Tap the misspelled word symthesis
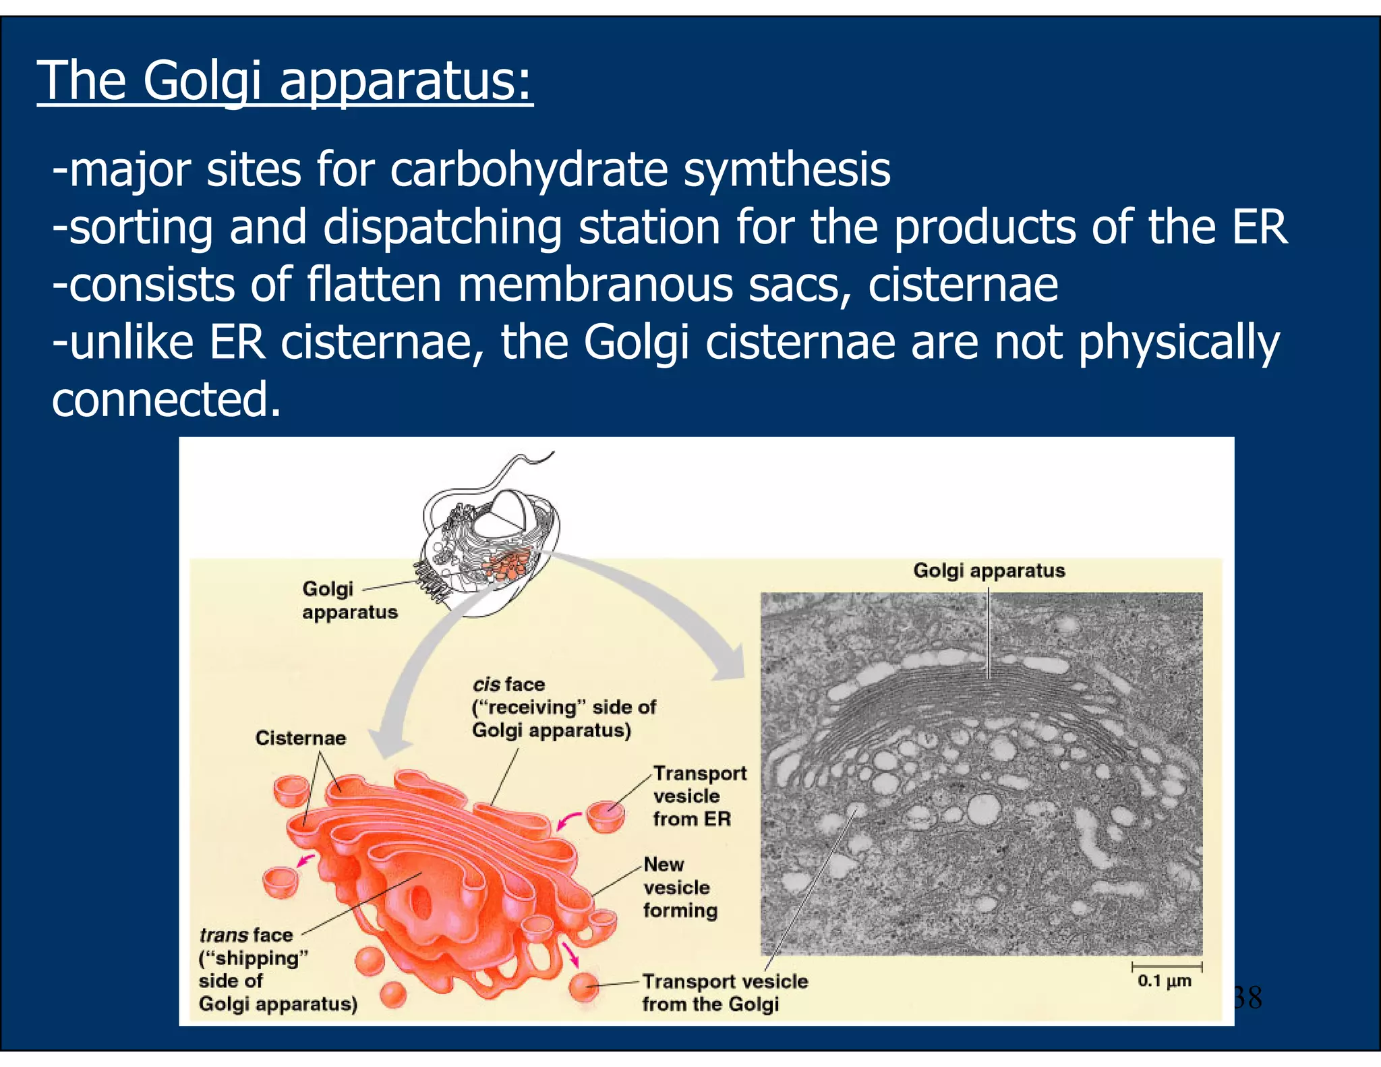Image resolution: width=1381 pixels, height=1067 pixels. click(x=787, y=170)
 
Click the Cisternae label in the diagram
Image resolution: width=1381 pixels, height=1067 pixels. click(x=300, y=738)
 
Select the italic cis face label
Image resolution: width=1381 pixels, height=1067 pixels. click(x=508, y=685)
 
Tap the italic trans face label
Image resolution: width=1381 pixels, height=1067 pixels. click(x=245, y=935)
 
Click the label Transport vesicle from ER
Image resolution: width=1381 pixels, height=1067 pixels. click(x=699, y=796)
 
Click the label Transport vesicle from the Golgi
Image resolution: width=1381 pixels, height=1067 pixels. click(x=724, y=992)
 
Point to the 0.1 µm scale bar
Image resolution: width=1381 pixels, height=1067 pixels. click(x=1167, y=968)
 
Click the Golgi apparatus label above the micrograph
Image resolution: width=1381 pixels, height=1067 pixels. click(x=989, y=571)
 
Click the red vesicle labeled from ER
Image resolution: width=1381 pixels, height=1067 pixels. click(x=605, y=816)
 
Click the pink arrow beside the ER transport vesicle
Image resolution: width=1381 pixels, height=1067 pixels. click(x=568, y=821)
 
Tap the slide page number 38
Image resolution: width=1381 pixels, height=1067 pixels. click(x=1247, y=998)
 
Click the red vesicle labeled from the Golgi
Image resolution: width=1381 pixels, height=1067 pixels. click(x=583, y=987)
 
